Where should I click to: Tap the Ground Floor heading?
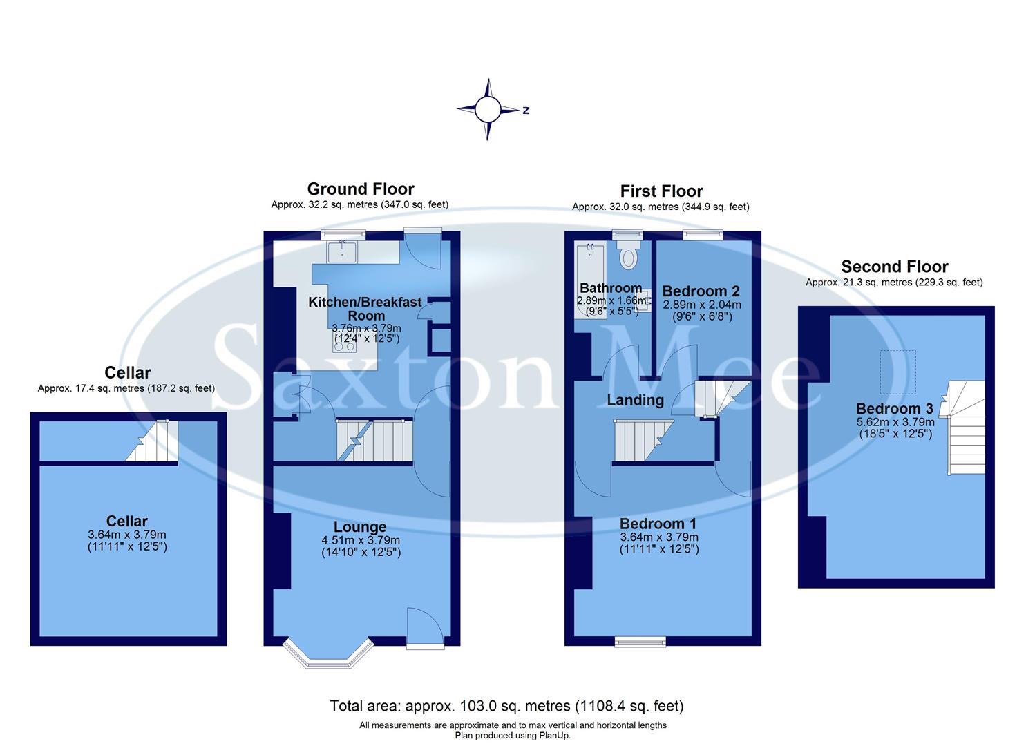pos(360,189)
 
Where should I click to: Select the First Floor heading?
pos(661,191)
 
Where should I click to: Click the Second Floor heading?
pos(894,267)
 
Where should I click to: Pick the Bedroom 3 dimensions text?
pos(895,428)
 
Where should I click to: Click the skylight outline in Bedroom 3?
pos(897,372)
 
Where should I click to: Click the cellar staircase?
pos(153,442)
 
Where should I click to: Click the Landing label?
pos(635,400)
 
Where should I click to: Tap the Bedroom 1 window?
pos(640,642)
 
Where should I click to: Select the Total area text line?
pos(506,706)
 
